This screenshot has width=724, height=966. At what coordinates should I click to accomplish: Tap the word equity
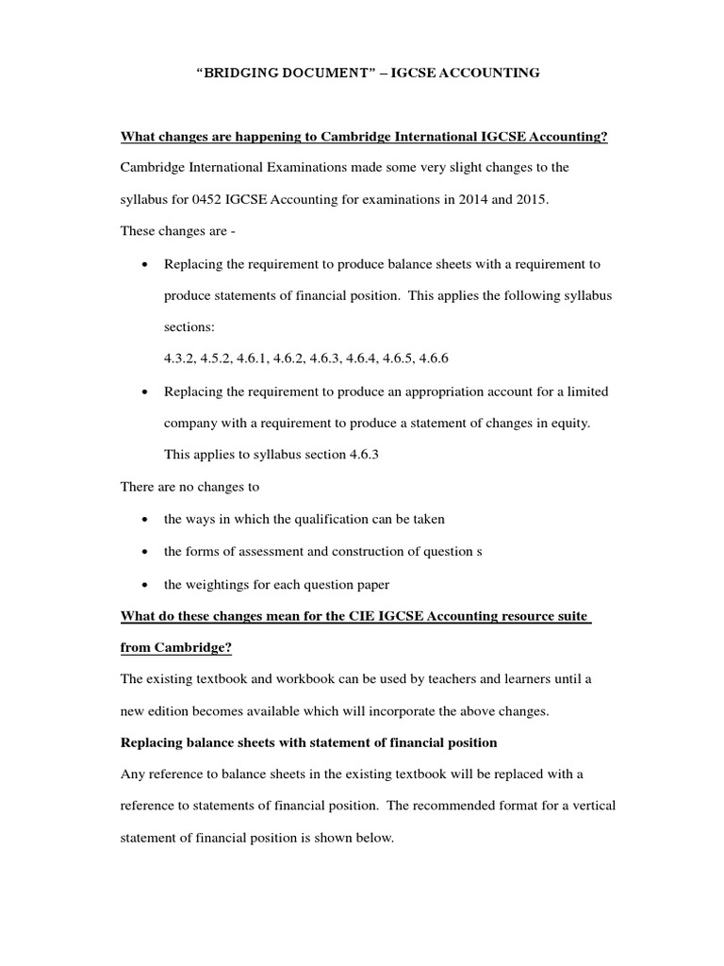pos(567,424)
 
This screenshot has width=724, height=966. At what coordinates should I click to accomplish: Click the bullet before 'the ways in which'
pos(142,520)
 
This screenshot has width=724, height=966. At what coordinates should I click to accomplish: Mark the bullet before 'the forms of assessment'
pos(142,552)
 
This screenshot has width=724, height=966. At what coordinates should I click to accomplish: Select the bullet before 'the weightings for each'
pos(142,584)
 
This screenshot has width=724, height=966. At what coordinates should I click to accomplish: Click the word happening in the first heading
pos(279,137)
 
